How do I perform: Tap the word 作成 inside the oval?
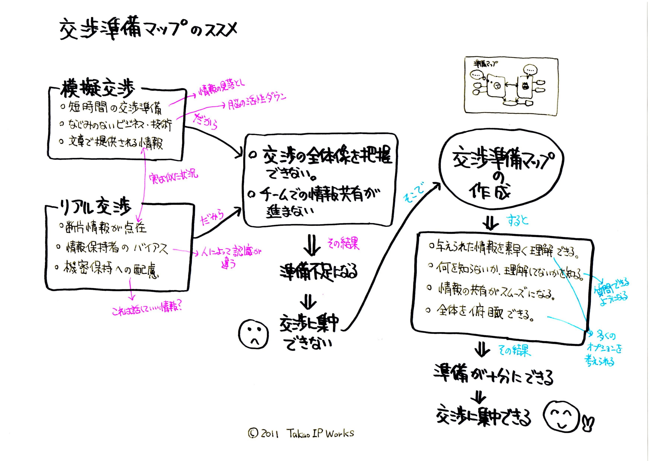[x=489, y=192]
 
